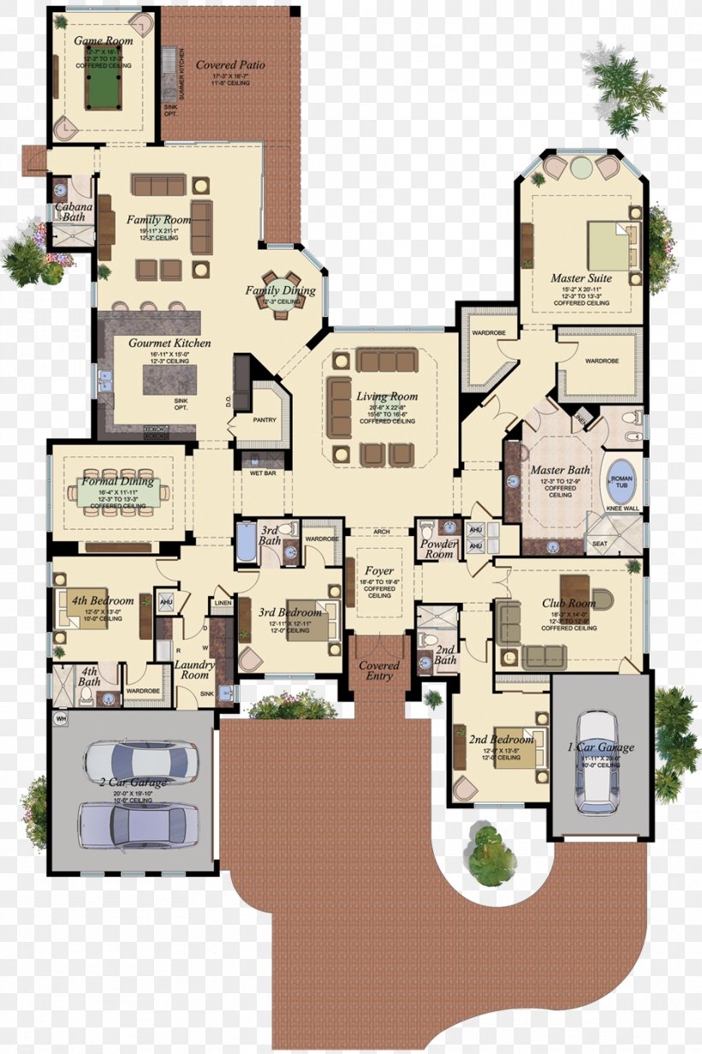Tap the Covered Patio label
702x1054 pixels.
[230, 65]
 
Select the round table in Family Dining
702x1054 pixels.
[282, 293]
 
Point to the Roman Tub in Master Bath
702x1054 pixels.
[621, 489]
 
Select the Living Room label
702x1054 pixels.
[387, 396]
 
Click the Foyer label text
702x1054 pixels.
[379, 571]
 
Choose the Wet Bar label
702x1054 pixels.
[262, 472]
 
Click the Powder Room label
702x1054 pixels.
[438, 549]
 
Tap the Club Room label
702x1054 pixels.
[568, 604]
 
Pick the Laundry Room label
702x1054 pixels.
[193, 670]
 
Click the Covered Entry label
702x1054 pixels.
[378, 670]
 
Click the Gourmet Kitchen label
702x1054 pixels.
[170, 343]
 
